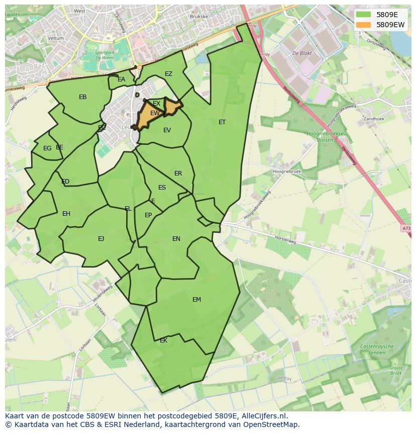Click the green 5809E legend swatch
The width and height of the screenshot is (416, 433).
click(x=364, y=14)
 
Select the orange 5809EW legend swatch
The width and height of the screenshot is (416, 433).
click(x=364, y=24)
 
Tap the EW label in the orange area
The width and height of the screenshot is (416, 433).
click(x=155, y=113)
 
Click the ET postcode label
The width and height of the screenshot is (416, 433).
click(x=222, y=122)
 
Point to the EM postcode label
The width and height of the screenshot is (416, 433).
click(x=196, y=300)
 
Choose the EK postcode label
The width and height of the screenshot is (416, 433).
click(x=163, y=340)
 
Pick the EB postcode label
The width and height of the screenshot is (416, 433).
click(x=83, y=97)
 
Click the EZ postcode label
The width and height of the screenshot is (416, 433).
click(x=168, y=74)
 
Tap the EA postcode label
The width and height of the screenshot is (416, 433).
click(x=121, y=79)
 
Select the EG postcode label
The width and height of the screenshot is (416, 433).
click(x=47, y=148)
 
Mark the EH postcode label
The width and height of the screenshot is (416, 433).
click(x=66, y=214)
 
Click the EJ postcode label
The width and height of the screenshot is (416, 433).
click(x=101, y=239)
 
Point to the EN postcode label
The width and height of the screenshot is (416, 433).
click(x=176, y=239)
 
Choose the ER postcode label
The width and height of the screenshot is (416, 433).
click(x=178, y=174)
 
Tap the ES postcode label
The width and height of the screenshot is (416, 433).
click(x=162, y=188)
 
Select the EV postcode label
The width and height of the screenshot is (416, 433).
click(x=167, y=130)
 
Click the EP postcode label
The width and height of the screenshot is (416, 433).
click(x=148, y=215)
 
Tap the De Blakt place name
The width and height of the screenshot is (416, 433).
click(x=302, y=52)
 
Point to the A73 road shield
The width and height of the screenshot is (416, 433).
click(x=406, y=229)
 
